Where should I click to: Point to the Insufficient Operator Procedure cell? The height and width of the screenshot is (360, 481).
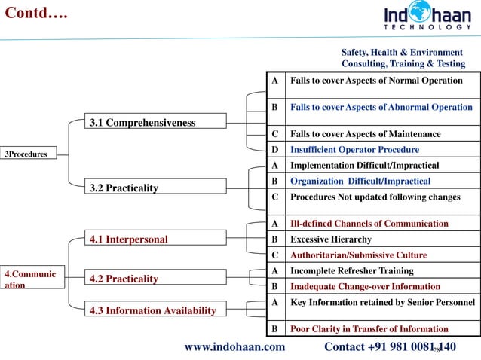tap(354, 149)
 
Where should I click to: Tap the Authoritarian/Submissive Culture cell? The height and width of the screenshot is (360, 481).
tap(358, 255)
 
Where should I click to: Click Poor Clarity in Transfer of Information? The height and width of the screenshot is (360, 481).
tap(369, 329)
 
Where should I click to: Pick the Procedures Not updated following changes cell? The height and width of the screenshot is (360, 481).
tap(375, 197)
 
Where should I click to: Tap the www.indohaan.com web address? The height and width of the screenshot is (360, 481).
tap(235, 346)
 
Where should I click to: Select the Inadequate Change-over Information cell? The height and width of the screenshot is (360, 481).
tap(365, 286)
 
